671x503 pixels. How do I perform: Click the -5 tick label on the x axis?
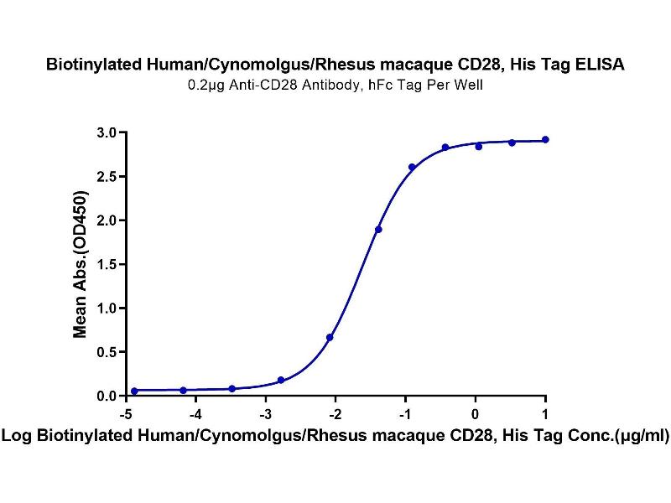click(126, 413)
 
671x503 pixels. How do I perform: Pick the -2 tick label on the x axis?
click(335, 413)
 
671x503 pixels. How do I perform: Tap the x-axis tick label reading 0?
click(476, 413)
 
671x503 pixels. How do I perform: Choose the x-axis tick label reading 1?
click(546, 413)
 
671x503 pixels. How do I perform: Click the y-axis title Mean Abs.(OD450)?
click(81, 264)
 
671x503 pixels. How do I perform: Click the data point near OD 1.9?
click(378, 229)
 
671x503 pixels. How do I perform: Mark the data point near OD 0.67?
click(330, 337)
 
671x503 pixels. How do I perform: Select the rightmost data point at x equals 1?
click(545, 139)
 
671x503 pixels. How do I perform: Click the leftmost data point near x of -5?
click(134, 391)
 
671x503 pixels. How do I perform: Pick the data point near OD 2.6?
click(412, 167)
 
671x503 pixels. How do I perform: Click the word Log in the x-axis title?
click(18, 436)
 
